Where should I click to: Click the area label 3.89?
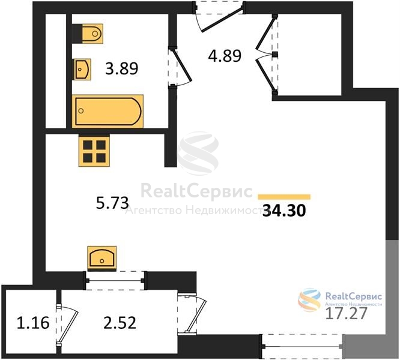[x=122, y=68]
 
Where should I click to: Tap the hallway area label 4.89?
[x=225, y=56]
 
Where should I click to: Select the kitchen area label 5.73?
[x=112, y=203]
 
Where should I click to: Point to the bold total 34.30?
[x=284, y=211]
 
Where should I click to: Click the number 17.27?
[x=347, y=313]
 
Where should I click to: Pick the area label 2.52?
[x=120, y=323]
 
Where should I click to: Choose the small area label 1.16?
[x=33, y=323]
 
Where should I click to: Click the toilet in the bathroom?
[x=88, y=34]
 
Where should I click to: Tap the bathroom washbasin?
[x=82, y=69]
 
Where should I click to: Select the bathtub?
[x=108, y=111]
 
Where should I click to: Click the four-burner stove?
[x=94, y=151]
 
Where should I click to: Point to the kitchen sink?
[x=102, y=259]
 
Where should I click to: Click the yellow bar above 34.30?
[x=284, y=197]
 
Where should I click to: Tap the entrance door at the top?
[x=219, y=17]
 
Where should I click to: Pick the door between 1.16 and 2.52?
[x=67, y=323]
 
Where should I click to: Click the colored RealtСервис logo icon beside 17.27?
[x=309, y=300]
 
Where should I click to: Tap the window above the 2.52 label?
[x=115, y=281]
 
